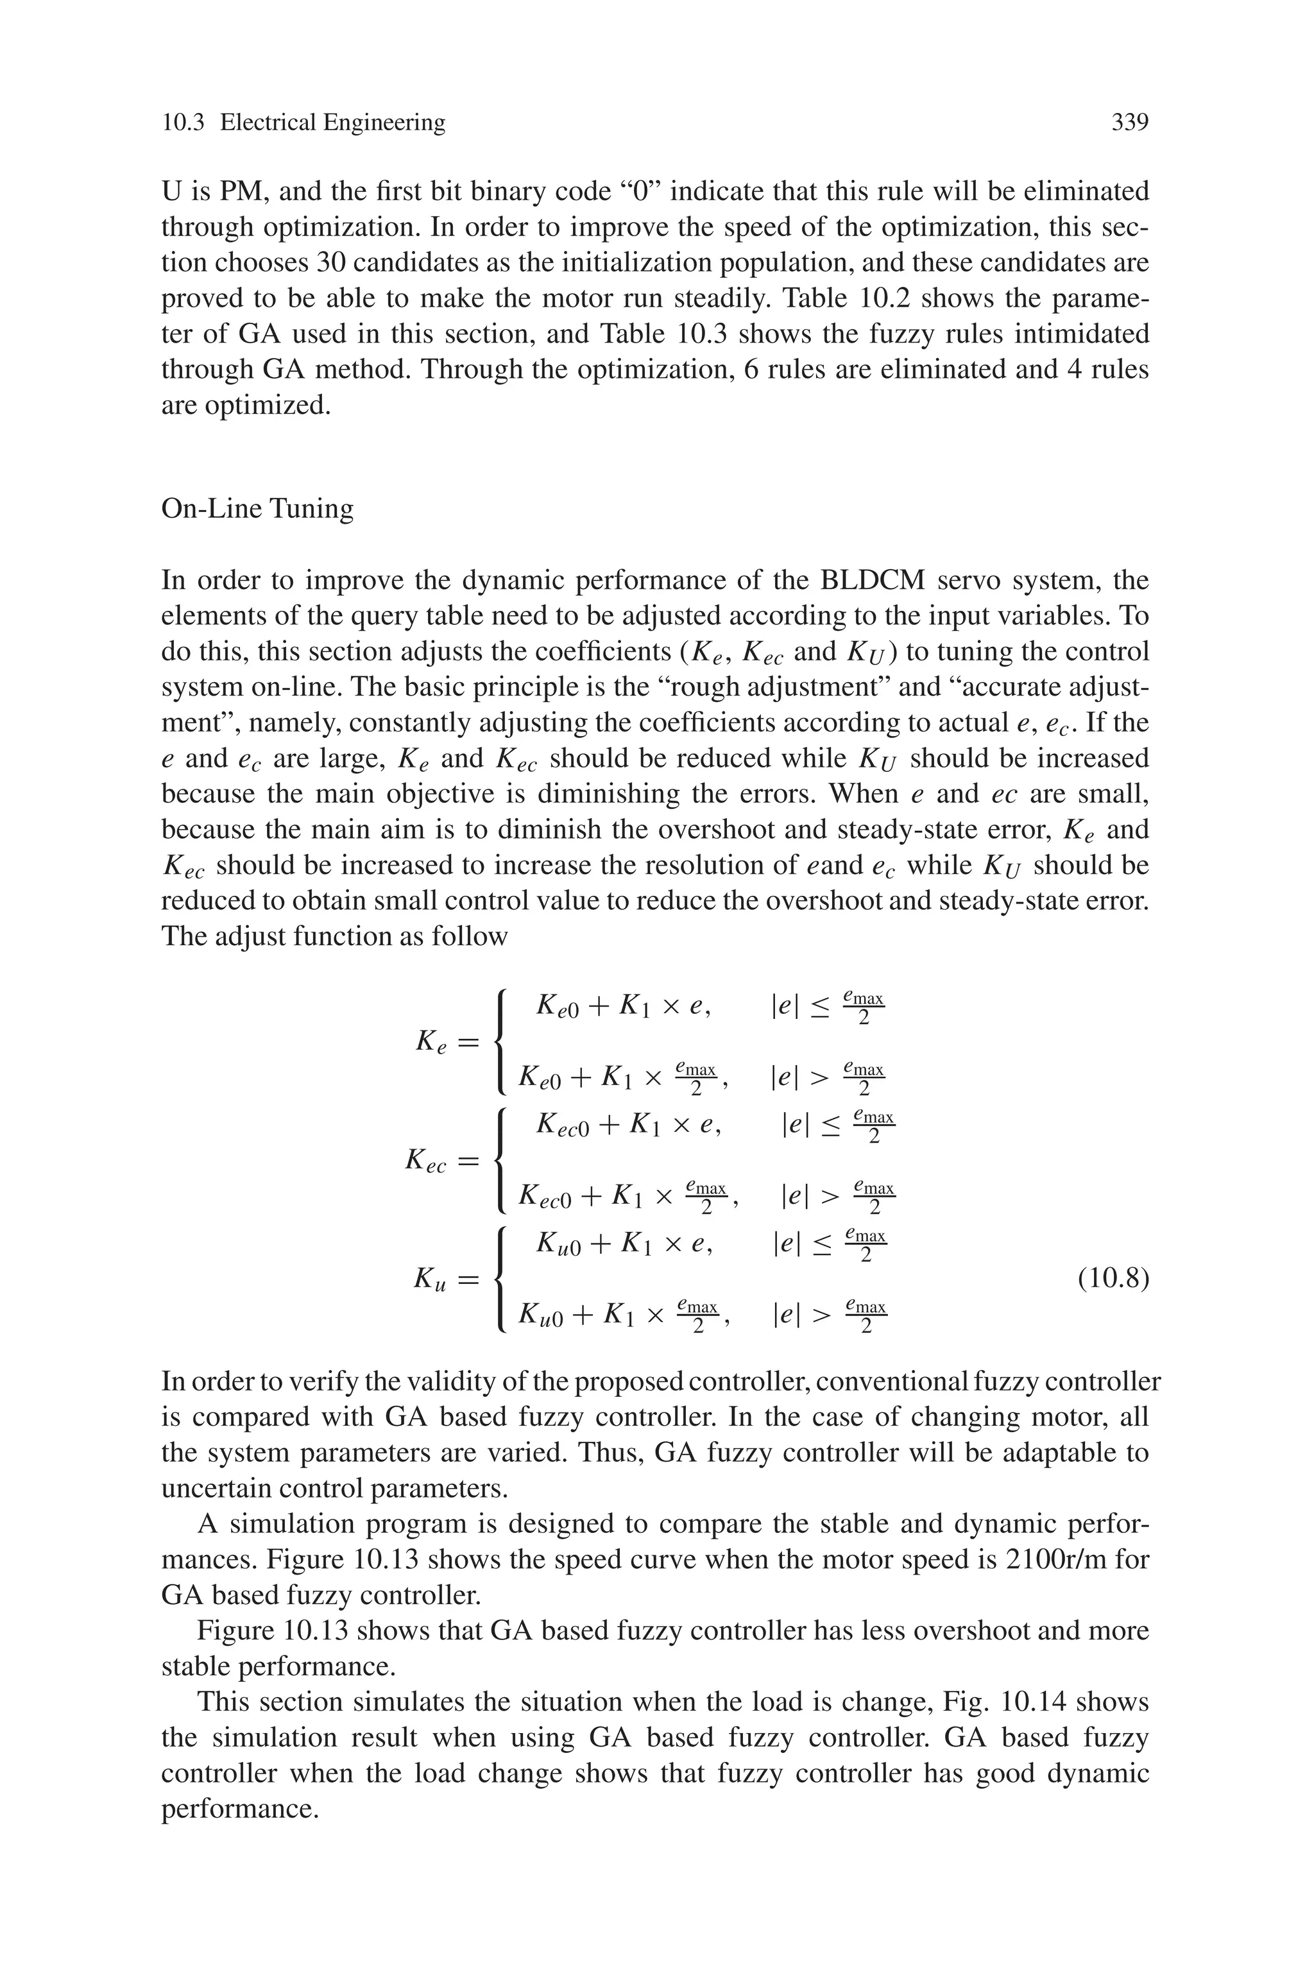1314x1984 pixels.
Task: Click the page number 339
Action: [x=1129, y=123]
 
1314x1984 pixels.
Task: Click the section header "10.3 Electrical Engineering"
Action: [x=303, y=123]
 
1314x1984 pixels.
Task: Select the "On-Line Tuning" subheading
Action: [x=257, y=509]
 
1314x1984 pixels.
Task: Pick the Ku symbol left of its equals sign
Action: [x=430, y=1280]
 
